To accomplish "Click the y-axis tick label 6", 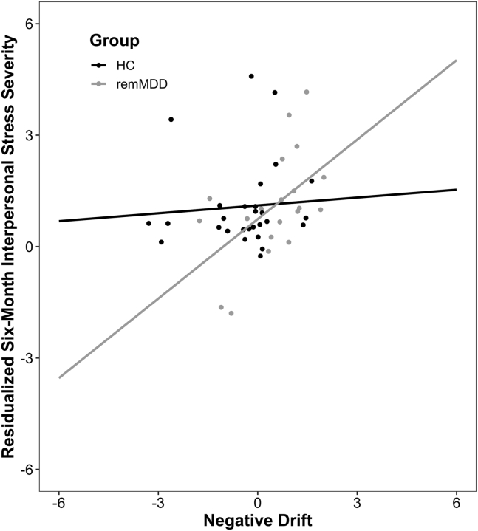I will (x=35, y=24).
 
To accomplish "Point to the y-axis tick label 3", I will (x=35, y=135).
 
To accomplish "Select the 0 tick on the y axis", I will (x=35, y=247).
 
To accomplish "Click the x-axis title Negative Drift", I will (x=257, y=520).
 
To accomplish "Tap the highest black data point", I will (x=251, y=76).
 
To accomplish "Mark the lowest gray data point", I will (x=231, y=313).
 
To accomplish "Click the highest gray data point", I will (x=307, y=92).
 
